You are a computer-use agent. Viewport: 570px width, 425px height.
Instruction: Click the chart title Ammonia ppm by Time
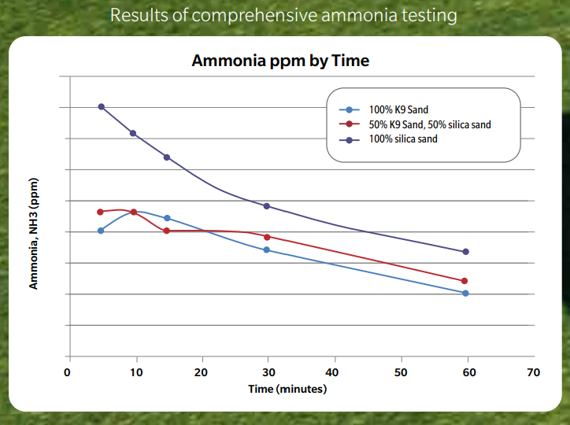point(280,61)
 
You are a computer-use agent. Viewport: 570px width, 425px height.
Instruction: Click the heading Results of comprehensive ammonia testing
point(284,14)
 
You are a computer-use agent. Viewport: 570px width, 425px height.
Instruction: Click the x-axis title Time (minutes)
point(287,389)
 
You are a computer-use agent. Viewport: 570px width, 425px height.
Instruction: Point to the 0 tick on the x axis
point(68,371)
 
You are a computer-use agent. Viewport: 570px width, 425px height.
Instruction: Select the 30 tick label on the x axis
point(268,371)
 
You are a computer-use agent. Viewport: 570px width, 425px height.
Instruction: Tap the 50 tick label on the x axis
point(402,371)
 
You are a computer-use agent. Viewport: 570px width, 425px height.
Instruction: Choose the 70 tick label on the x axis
point(535,371)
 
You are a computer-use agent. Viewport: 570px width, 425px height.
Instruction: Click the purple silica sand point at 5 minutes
point(102,106)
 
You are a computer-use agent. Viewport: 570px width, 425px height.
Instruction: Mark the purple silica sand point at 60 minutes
point(465,252)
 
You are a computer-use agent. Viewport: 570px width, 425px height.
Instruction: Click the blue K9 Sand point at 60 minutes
point(465,293)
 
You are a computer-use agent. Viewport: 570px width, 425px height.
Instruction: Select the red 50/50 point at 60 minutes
point(465,281)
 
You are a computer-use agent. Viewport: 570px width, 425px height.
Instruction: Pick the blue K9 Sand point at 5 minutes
point(101,231)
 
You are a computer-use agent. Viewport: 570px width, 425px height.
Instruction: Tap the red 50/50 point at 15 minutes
point(167,231)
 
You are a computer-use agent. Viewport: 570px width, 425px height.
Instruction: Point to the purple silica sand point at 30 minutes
point(267,206)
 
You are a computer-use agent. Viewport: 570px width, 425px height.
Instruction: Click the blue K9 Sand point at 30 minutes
point(267,249)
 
